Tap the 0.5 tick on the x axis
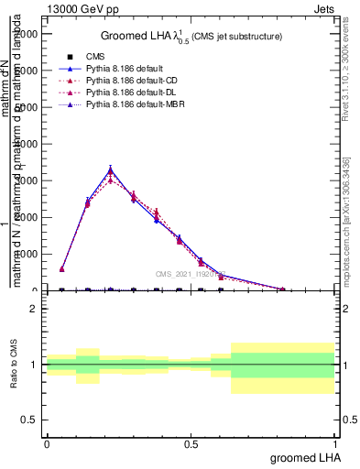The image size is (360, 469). (x=191, y=443)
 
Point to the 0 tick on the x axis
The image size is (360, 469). (x=47, y=443)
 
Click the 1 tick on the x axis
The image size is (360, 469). (x=335, y=443)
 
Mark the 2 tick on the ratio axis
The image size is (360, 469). (x=33, y=309)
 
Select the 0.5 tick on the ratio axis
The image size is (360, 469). (x=29, y=420)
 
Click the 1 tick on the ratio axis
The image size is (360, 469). (x=33, y=365)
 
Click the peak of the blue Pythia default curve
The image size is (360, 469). (x=110, y=169)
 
